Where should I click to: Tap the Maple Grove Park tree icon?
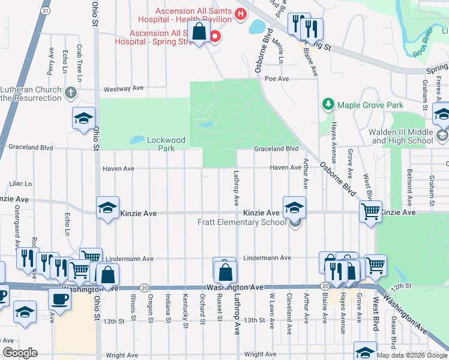pos(328,104)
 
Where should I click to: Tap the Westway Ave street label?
pos(124,88)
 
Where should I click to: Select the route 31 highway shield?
pos(46,11)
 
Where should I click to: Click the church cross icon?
pos(71,93)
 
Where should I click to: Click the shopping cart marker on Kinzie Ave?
pos(370,211)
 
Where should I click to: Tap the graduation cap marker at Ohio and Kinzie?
pos(108,208)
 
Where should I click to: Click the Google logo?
pos(20,353)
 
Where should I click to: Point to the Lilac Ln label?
pos(20,184)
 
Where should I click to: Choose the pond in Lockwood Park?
pos(137,140)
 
